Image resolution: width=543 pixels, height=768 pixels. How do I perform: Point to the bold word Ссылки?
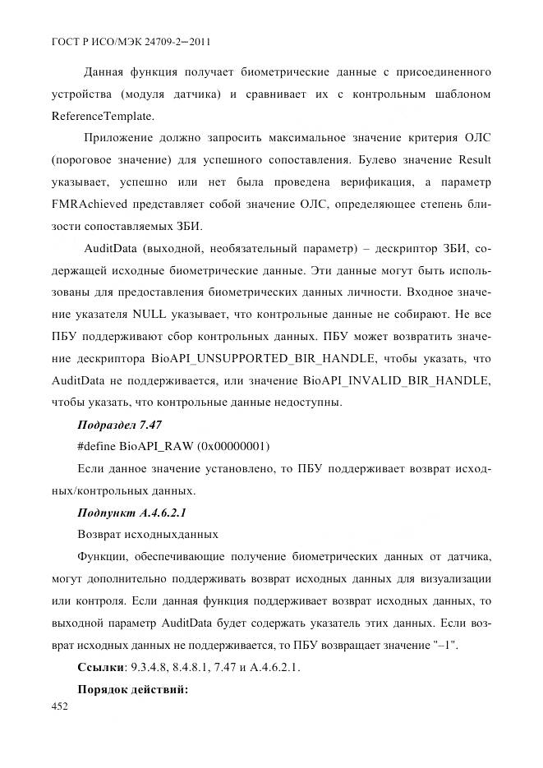[x=99, y=667]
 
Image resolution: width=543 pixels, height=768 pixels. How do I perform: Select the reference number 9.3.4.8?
[x=151, y=667]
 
